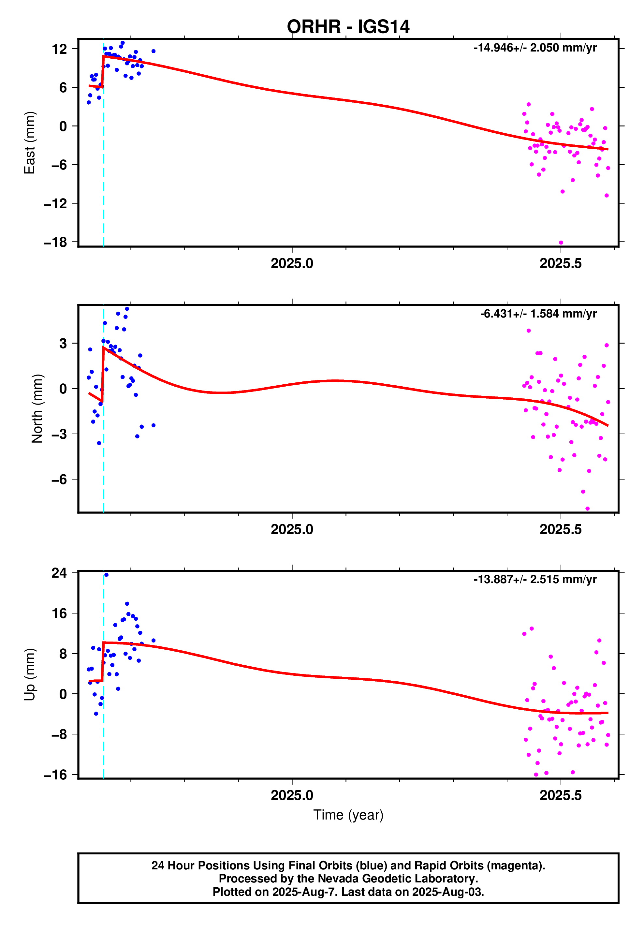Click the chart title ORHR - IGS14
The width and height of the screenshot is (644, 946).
point(348,27)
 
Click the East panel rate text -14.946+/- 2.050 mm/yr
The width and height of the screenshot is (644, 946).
point(535,48)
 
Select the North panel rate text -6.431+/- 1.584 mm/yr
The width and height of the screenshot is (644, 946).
point(538,314)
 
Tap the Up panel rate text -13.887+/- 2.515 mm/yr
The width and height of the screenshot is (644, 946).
point(535,579)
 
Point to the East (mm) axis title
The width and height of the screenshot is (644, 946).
point(30,142)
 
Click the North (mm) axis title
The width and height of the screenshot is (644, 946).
point(37,408)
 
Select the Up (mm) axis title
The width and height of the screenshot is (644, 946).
point(30,674)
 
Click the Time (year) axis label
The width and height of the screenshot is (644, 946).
point(348,815)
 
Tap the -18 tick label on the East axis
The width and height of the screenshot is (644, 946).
point(55,242)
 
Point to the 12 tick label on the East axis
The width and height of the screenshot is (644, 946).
point(59,49)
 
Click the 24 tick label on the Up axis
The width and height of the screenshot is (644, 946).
point(59,573)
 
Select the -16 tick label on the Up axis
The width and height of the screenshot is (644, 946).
point(55,775)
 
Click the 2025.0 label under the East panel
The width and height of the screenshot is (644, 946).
point(292,264)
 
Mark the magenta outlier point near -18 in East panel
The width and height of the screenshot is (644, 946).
point(561,243)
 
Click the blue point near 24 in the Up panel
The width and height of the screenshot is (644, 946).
point(106,575)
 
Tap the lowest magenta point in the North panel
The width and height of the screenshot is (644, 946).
point(587,509)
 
